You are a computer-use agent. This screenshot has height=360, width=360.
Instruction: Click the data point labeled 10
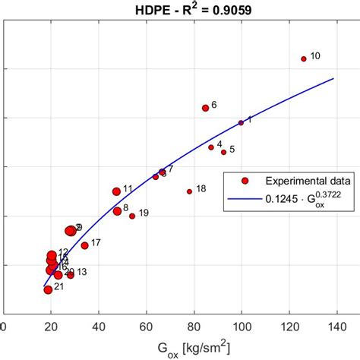304,58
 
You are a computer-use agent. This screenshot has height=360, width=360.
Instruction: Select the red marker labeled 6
205,108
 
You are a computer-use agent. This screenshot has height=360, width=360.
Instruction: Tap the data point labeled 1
242,122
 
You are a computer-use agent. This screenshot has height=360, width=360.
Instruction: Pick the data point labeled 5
211,147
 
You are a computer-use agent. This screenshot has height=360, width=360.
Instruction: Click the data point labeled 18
223,152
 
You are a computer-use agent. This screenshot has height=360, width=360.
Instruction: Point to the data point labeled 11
116,191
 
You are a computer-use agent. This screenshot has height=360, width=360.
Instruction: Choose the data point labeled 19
132,216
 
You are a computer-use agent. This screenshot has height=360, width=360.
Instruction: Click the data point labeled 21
48,289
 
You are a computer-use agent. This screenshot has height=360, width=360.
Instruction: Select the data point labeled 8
117,211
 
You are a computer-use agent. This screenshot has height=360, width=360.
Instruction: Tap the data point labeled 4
211,147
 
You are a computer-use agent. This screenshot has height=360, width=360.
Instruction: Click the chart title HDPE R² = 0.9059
179,11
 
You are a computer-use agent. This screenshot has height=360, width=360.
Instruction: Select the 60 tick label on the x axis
147,327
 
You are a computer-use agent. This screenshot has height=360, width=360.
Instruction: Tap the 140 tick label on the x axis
337,327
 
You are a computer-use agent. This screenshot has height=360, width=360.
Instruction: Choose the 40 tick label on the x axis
99,327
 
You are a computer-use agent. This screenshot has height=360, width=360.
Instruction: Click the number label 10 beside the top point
316,56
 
